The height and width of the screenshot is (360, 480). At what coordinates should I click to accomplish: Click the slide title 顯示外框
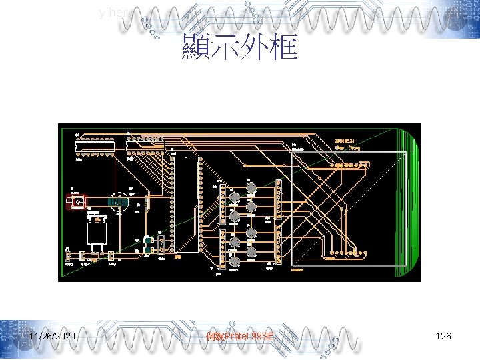pos(239,47)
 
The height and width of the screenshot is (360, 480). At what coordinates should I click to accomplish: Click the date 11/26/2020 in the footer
pos(51,337)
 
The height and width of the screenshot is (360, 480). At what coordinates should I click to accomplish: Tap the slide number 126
pos(443,337)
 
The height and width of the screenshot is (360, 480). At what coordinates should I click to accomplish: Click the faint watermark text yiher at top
pos(110,12)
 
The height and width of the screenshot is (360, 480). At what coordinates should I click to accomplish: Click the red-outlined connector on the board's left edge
pos(76,201)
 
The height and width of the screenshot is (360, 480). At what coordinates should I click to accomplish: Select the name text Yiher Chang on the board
pos(347,148)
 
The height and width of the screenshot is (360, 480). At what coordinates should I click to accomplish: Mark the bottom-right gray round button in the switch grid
pos(251,253)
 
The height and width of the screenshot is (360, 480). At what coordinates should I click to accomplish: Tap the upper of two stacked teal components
pos(147,241)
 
